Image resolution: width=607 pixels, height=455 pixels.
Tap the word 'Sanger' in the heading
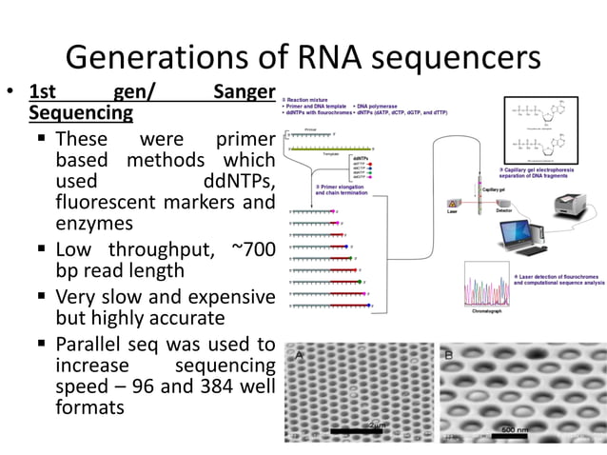(x=244, y=92)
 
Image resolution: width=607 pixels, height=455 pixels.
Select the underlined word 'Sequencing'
(x=81, y=113)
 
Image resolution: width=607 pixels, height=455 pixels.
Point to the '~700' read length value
(x=252, y=249)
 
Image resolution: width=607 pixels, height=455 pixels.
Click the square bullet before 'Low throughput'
(x=43, y=249)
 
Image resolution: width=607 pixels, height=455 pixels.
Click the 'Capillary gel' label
(x=493, y=189)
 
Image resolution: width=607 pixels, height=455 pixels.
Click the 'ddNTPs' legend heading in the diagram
(x=362, y=156)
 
